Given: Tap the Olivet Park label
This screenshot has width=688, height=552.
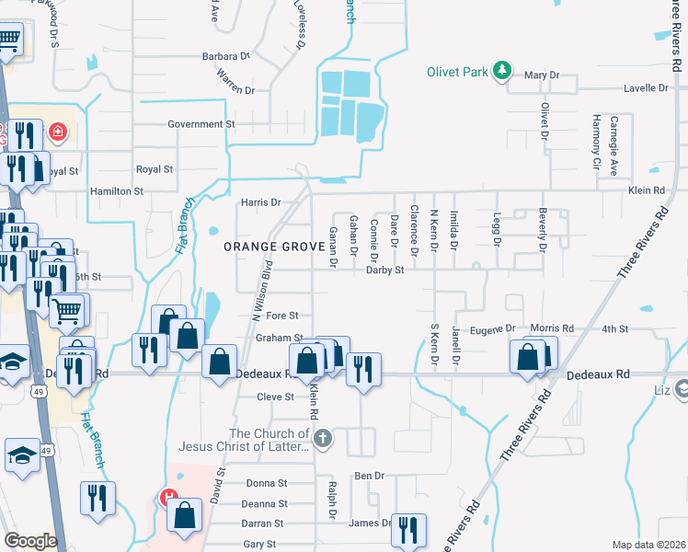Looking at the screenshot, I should (458, 72).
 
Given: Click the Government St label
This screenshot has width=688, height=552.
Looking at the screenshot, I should (201, 124).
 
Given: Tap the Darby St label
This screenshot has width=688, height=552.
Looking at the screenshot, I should (385, 270).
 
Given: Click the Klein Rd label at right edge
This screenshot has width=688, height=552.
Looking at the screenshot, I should (646, 190).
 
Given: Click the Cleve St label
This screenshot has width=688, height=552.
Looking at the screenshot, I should (275, 397).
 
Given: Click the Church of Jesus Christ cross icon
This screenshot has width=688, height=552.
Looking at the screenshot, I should (322, 439).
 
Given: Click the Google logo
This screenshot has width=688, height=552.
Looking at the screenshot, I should (30, 541).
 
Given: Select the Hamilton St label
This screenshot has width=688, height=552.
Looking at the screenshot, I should (116, 191).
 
